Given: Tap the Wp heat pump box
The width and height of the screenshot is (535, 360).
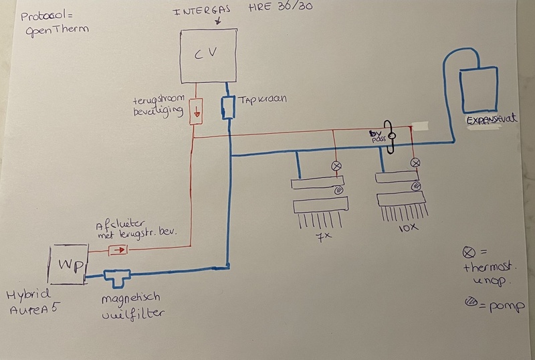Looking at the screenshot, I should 68,264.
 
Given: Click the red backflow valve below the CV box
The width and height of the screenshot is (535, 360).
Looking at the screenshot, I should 196,111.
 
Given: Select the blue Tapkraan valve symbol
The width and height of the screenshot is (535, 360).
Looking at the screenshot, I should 228,107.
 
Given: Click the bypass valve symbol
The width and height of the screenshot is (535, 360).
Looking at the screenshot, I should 392,137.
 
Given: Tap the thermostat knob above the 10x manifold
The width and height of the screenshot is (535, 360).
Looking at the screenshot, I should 416,163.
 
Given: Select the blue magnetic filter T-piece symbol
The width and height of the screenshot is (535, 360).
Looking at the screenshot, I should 118,274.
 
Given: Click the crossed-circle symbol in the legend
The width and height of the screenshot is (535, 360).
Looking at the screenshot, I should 467,252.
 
